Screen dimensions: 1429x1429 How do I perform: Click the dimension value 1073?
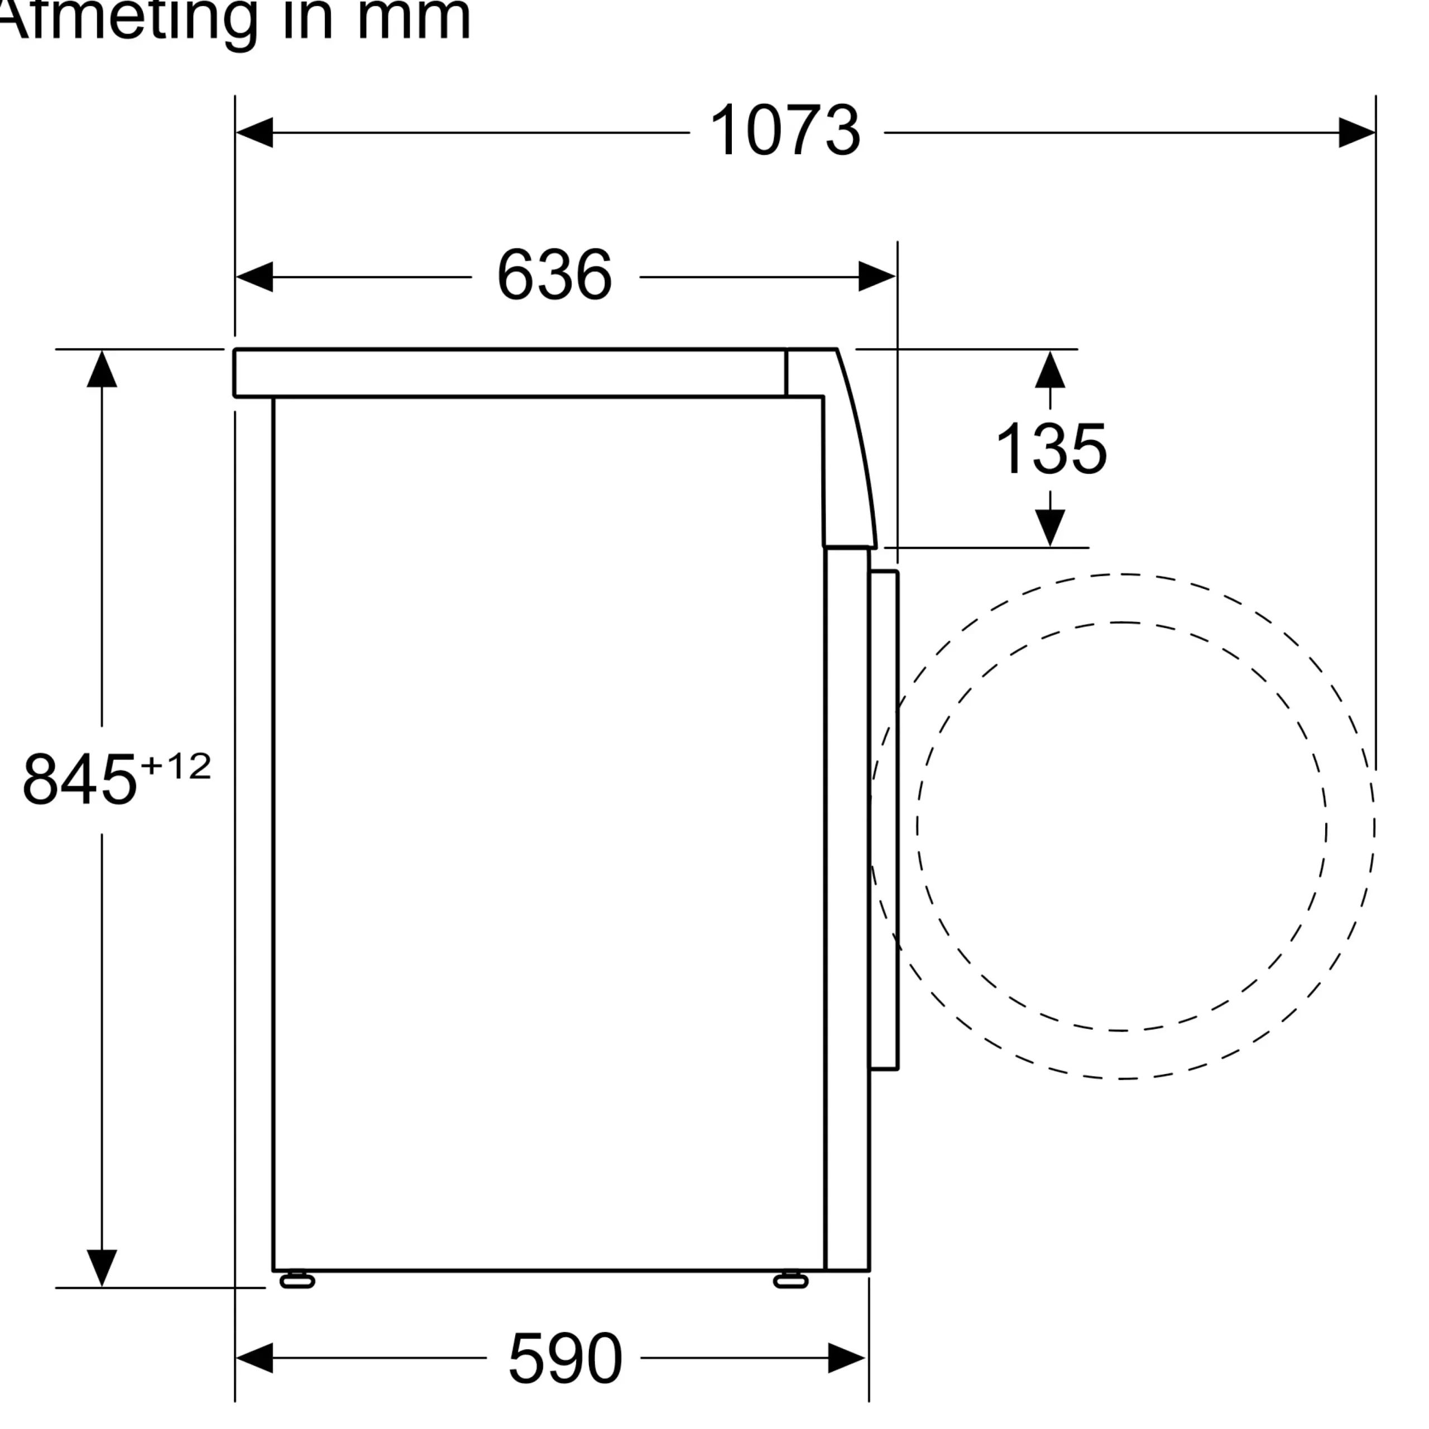[785, 131]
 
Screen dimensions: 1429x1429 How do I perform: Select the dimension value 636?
[555, 275]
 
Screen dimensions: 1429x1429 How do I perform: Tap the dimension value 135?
[1051, 448]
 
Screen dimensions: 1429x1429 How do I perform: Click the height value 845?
[80, 779]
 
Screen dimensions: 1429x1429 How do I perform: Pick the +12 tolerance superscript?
[176, 766]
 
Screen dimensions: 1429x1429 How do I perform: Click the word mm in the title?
[414, 18]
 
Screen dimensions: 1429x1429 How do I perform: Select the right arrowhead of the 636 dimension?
[877, 277]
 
